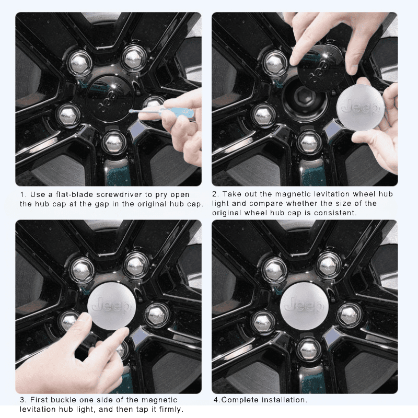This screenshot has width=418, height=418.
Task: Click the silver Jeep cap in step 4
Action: pyautogui.click(x=305, y=306)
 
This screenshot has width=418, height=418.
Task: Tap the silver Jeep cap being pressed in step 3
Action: pyautogui.click(x=110, y=306)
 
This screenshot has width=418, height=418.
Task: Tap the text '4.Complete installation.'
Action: pyautogui.click(x=260, y=400)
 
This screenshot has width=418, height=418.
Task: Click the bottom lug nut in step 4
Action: pyautogui.click(x=309, y=347)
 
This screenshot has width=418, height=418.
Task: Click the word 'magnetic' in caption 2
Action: pyautogui.click(x=292, y=194)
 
